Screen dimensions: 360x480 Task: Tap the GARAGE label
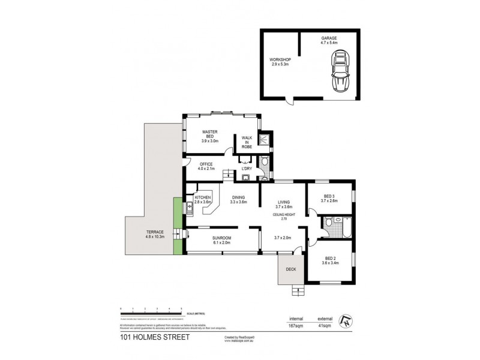coord(329,40)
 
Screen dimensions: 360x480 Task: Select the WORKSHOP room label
coord(279,61)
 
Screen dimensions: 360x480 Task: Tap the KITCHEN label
coord(203,200)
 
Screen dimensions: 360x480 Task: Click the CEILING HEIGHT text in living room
coord(283,213)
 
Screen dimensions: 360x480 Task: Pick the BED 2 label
coord(329,259)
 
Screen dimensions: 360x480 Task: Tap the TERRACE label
coord(139,235)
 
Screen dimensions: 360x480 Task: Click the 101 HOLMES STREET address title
coord(154,337)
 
